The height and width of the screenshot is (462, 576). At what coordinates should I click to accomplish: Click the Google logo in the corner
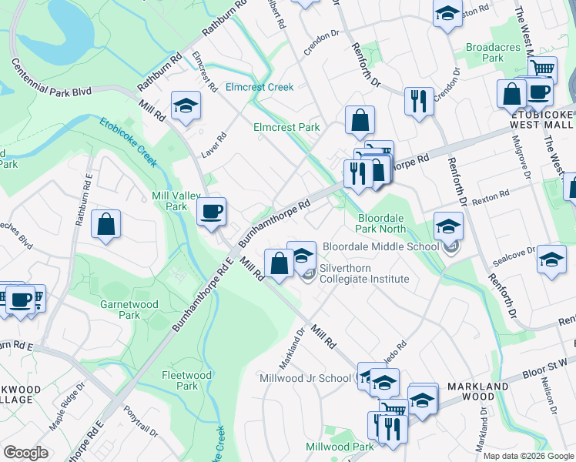(26, 453)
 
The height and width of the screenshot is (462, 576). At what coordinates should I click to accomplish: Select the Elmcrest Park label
(286, 127)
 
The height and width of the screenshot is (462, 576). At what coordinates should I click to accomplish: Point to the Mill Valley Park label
(170, 201)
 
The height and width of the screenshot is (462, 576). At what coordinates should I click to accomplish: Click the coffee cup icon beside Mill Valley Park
(211, 211)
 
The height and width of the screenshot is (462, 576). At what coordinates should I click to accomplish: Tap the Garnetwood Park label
(129, 310)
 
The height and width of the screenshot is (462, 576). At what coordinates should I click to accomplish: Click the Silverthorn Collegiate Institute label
(364, 274)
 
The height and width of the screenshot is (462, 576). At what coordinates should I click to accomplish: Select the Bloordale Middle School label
(380, 246)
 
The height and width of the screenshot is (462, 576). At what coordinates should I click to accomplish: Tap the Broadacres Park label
(484, 52)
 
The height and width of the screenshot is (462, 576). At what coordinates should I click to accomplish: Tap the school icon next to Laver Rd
(186, 106)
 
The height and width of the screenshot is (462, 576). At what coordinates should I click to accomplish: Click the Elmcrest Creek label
(259, 87)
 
